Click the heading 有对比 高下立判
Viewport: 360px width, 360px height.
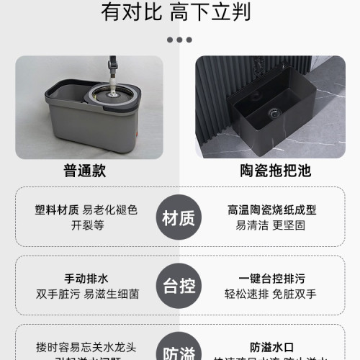[179, 12]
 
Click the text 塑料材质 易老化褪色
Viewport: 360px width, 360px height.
[86, 210]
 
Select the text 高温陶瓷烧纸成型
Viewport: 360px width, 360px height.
[271, 210]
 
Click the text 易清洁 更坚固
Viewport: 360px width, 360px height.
[271, 225]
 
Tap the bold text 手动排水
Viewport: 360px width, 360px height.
[87, 279]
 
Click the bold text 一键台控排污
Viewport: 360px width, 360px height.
[271, 279]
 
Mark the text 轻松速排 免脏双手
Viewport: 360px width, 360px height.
[271, 293]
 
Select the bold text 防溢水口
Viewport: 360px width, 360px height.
[271, 346]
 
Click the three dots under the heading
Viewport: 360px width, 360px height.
[179, 40]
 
